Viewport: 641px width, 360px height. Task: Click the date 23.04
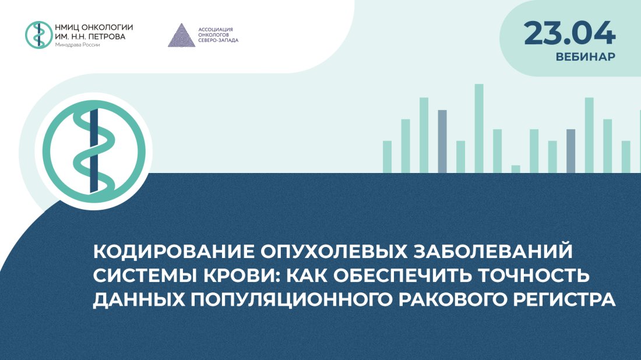(569, 33)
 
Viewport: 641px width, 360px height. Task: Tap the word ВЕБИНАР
(585, 58)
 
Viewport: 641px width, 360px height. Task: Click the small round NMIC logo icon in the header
(38, 34)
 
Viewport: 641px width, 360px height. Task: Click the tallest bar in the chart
(479, 128)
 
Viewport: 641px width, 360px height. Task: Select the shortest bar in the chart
(515, 169)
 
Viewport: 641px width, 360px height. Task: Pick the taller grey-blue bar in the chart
(442, 141)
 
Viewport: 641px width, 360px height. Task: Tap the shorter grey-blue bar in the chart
(570, 151)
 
